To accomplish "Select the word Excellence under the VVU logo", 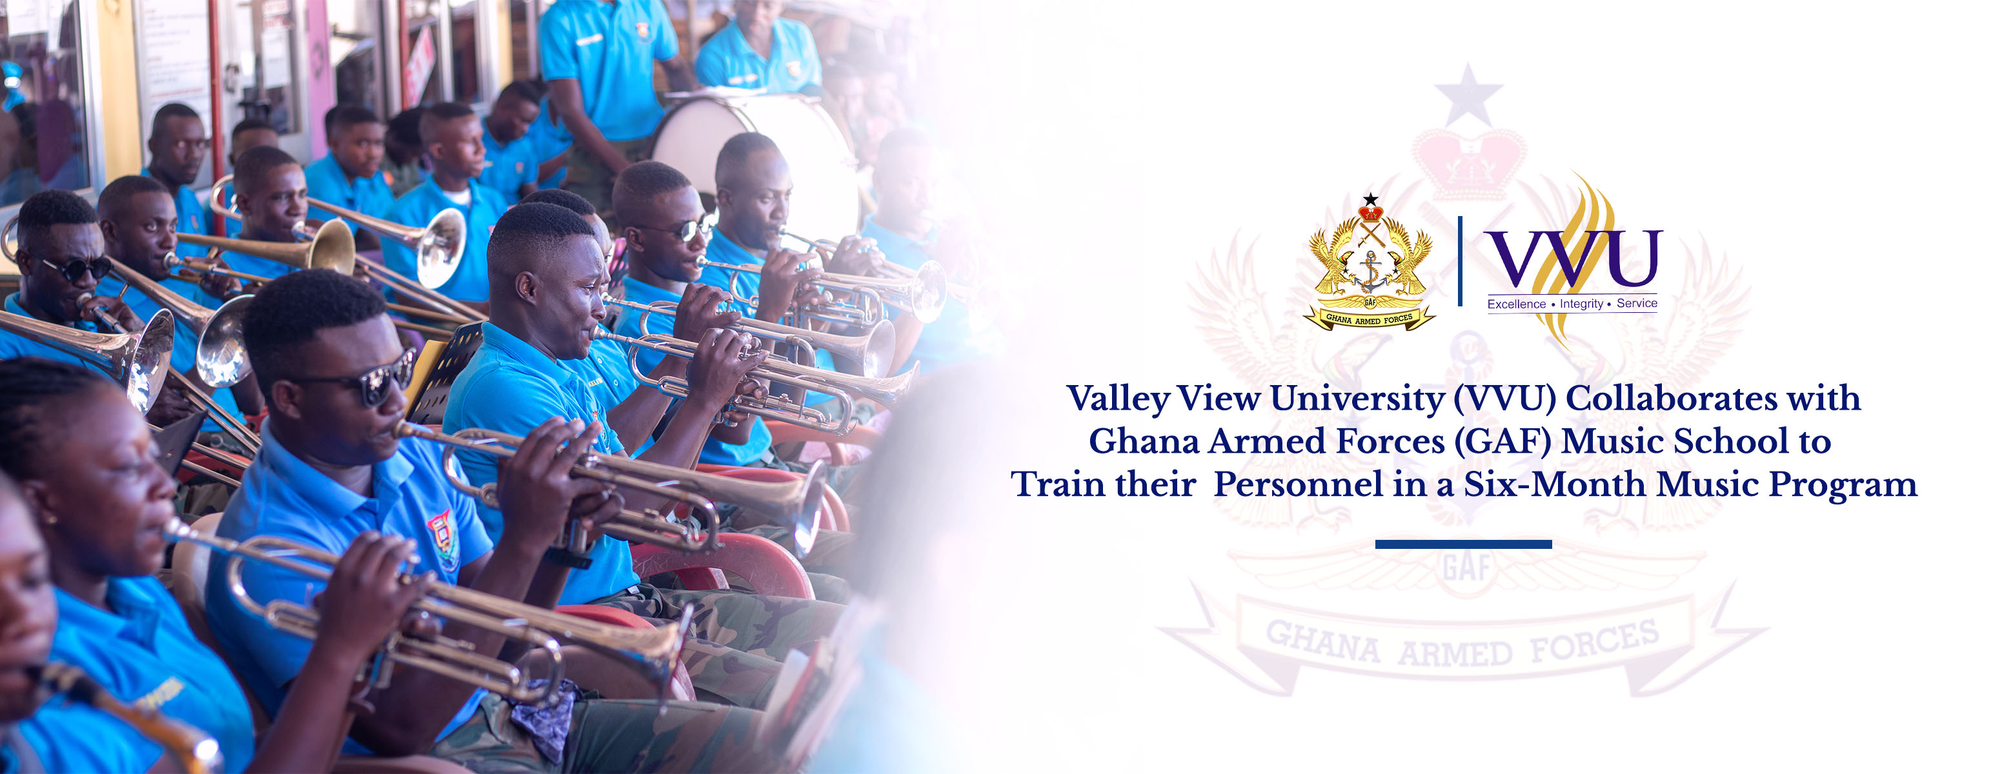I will click(x=1517, y=304).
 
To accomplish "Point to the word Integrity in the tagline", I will click(x=1581, y=304).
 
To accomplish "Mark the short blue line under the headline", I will click(x=1463, y=544).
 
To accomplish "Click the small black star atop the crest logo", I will click(x=1370, y=199).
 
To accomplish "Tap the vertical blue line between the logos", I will click(x=1460, y=261).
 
